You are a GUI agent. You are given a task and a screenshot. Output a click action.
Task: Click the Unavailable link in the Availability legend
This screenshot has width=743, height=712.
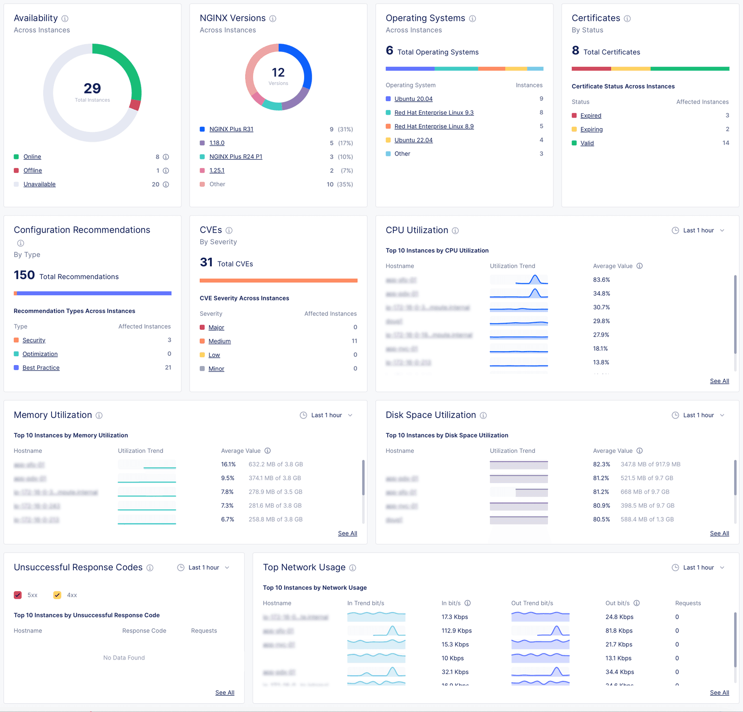pos(39,184)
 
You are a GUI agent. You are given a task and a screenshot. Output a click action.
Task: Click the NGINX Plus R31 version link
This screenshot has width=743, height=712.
pos(231,129)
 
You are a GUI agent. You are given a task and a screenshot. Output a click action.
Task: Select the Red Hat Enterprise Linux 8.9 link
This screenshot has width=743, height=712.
pos(434,126)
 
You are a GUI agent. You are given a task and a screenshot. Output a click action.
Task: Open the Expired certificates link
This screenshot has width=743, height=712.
pos(590,116)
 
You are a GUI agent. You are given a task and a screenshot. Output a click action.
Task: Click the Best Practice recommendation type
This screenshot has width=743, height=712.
pos(41,368)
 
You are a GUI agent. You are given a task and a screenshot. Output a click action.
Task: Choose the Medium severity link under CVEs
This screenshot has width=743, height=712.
pos(219,341)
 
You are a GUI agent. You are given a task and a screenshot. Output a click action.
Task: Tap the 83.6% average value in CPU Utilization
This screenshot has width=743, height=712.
pos(601,280)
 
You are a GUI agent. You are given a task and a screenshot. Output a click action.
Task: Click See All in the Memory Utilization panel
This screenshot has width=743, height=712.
pos(347,534)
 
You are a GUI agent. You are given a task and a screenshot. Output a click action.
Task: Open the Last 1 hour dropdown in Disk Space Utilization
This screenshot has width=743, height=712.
pos(698,415)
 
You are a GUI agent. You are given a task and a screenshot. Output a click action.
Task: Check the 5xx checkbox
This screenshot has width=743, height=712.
pos(18,595)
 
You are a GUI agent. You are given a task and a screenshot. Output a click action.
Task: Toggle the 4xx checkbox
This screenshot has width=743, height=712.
pos(58,595)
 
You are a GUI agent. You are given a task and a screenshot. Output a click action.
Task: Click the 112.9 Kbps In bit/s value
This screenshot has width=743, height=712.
pos(456,631)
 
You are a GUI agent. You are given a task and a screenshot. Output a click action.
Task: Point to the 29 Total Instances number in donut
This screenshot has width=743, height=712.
pos(92,88)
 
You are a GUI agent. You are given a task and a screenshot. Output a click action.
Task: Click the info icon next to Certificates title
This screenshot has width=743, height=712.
pos(627,19)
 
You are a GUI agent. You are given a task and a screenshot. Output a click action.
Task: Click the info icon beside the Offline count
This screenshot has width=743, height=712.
pos(166,171)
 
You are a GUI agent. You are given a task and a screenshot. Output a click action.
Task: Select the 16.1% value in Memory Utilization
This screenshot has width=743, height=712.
pos(228,464)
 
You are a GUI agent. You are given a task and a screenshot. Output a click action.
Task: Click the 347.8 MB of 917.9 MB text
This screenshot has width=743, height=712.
pos(650,464)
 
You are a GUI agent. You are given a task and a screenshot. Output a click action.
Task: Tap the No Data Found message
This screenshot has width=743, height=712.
pos(124,658)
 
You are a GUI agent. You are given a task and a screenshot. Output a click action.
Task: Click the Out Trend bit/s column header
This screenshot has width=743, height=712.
pos(532,603)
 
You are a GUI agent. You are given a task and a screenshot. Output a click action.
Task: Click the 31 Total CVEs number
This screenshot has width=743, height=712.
pos(206,262)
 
